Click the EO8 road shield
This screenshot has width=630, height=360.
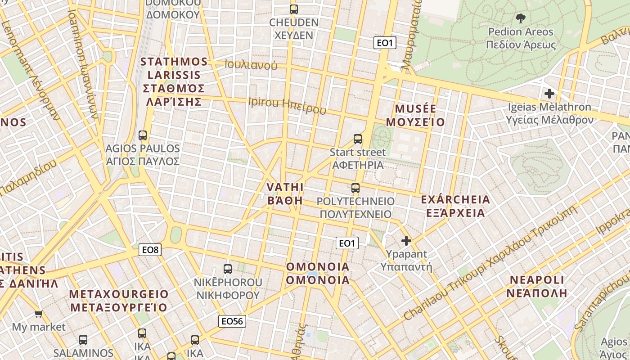[150, 249]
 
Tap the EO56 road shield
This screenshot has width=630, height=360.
[232, 321]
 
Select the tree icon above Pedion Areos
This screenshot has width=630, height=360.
[521, 18]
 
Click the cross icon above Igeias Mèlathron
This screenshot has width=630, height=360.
[549, 94]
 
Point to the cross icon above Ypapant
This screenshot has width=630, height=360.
[406, 241]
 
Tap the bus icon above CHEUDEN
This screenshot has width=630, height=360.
[294, 9]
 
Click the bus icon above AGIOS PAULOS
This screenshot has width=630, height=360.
[143, 135]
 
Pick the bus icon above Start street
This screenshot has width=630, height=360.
[358, 139]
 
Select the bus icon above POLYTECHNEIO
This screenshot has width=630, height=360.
[355, 188]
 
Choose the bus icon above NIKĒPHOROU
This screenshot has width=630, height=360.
[228, 269]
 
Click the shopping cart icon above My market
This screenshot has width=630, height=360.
[39, 314]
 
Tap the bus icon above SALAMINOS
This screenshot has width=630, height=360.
[83, 340]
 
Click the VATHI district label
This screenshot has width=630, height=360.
[285, 193]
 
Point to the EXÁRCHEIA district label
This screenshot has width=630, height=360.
[455, 206]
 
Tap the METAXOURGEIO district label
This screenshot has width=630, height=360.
[119, 301]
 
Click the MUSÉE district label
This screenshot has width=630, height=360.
[419, 115]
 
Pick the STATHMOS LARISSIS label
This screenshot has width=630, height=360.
[174, 81]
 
